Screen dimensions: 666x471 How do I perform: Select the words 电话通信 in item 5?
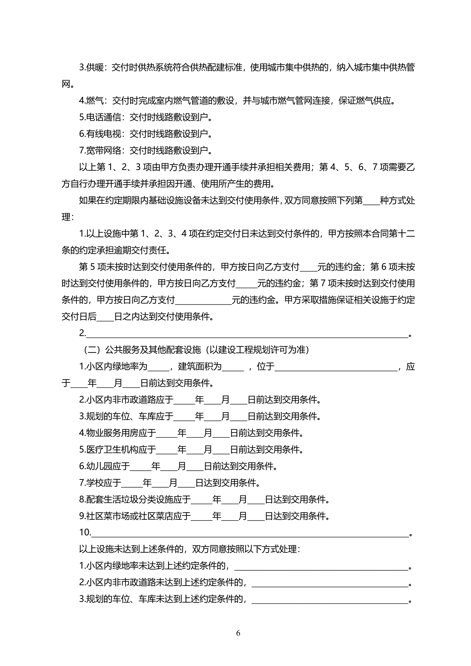coord(103,117)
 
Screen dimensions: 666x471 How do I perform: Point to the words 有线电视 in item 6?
coord(103,134)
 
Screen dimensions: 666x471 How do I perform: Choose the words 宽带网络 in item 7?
coord(103,150)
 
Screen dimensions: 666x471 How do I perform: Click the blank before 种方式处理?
coord(371,201)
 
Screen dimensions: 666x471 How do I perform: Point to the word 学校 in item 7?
coord(95,483)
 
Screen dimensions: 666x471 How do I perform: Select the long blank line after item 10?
coord(250,533)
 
